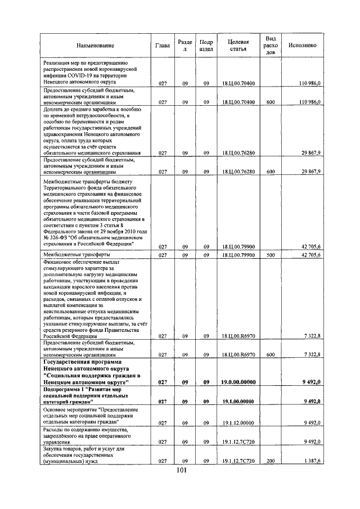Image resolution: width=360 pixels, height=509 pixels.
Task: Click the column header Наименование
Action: click(x=94, y=45)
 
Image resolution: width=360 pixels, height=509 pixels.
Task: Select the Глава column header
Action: click(x=163, y=45)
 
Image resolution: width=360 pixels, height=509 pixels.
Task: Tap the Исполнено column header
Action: click(x=301, y=45)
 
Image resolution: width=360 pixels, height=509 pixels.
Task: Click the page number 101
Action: click(x=181, y=471)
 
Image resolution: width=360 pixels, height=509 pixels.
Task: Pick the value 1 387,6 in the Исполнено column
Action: click(x=311, y=461)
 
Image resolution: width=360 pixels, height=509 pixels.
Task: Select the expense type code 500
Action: click(x=270, y=255)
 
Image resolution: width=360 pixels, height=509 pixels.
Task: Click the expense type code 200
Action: click(x=270, y=461)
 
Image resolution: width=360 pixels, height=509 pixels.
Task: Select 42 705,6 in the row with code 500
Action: click(x=311, y=255)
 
